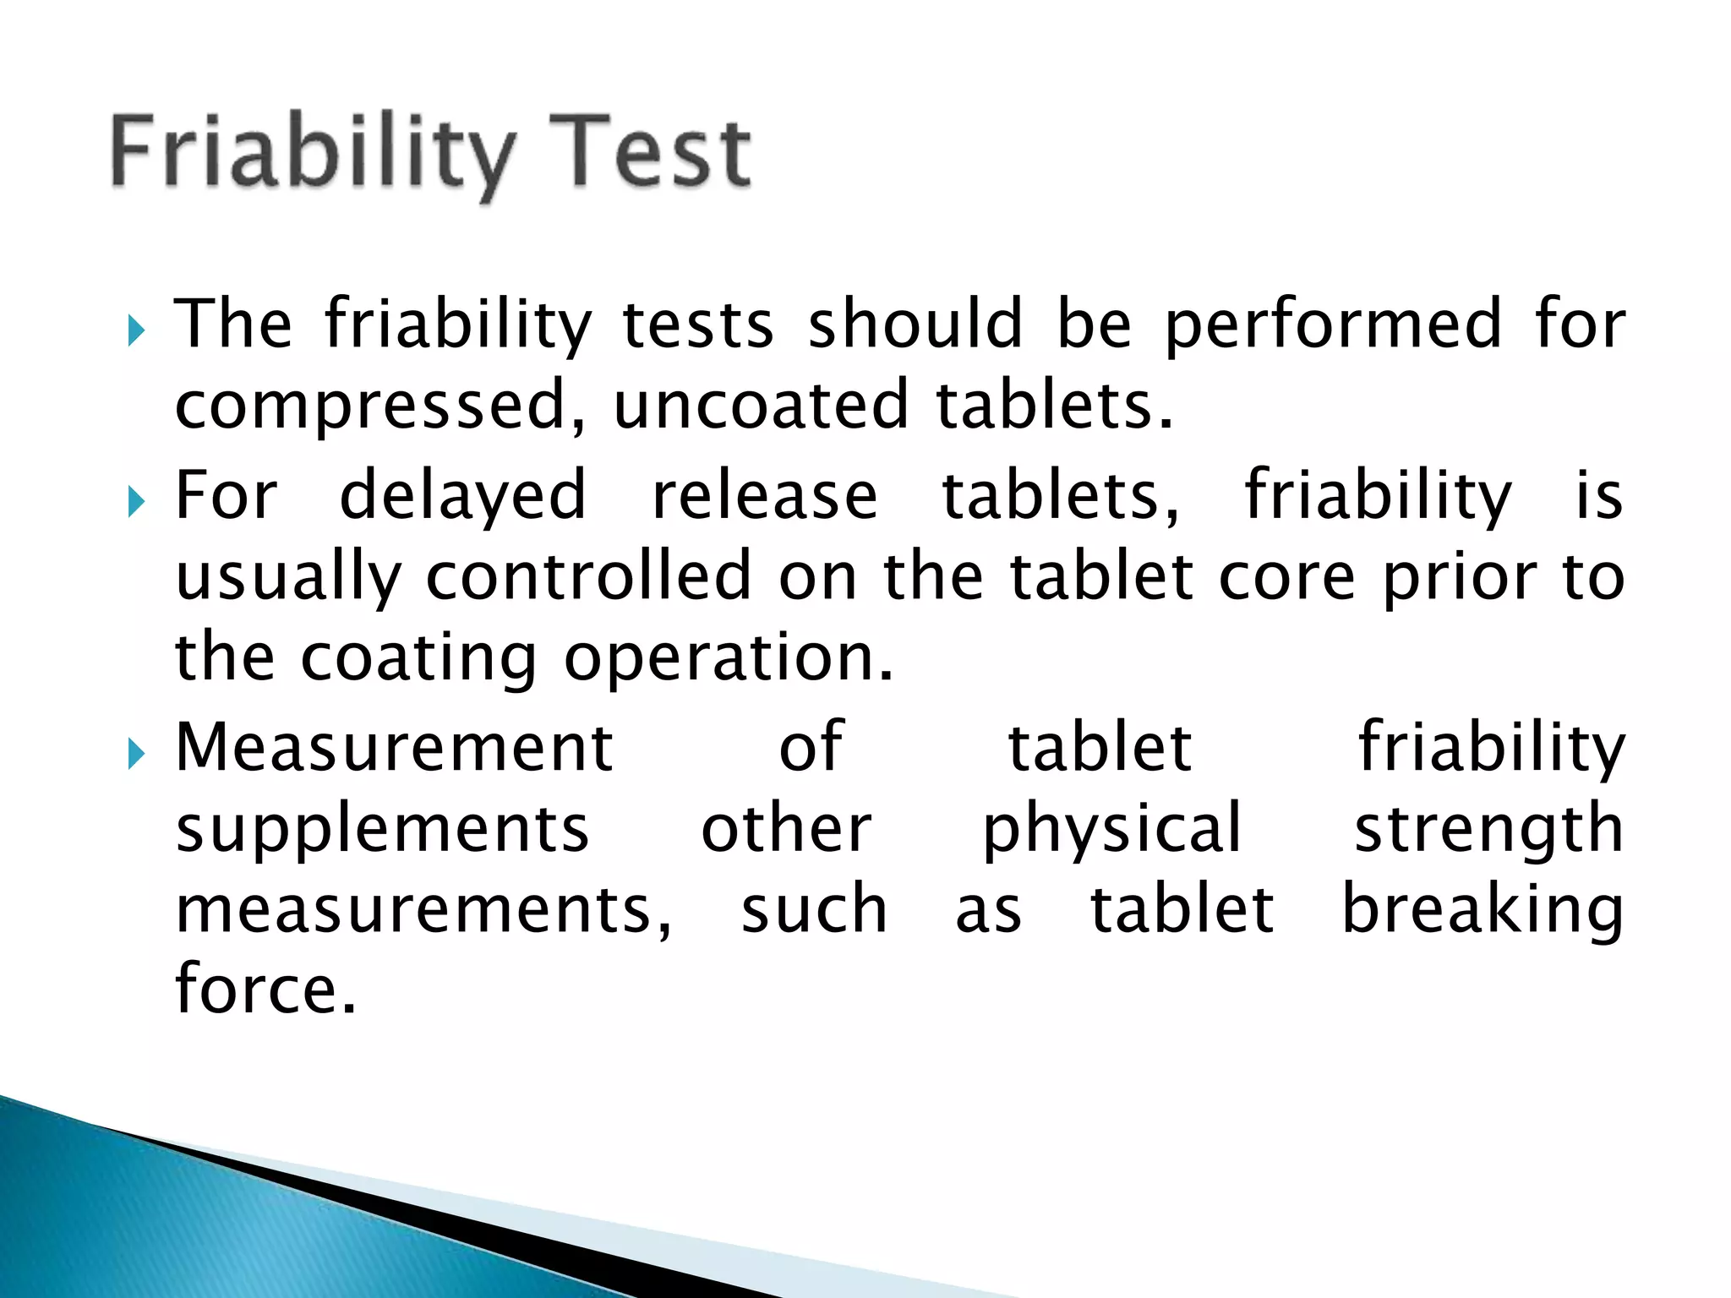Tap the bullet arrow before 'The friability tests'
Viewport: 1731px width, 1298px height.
tap(136, 331)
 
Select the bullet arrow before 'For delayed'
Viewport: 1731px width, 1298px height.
tap(136, 502)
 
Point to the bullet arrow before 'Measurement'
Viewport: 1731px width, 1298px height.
tap(136, 753)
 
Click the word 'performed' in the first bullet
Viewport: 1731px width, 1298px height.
tap(1333, 325)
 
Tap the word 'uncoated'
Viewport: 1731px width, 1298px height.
tap(761, 406)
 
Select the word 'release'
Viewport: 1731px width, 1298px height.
tap(765, 495)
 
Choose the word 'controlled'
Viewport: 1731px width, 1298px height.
tap(588, 576)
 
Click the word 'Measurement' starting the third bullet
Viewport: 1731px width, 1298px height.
tap(394, 747)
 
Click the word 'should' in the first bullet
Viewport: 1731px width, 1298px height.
tap(915, 324)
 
